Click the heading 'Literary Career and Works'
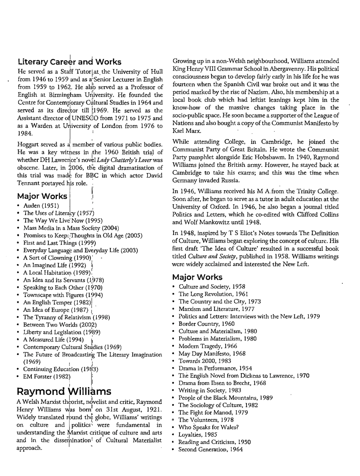point(69,62)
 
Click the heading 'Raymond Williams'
point(64,391)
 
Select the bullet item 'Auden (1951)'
point(41,206)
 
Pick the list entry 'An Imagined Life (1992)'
point(54,265)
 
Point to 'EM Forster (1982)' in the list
point(47,377)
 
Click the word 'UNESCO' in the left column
point(87,118)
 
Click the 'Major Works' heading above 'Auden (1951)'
point(42,196)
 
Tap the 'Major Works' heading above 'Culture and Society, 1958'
point(197,277)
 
